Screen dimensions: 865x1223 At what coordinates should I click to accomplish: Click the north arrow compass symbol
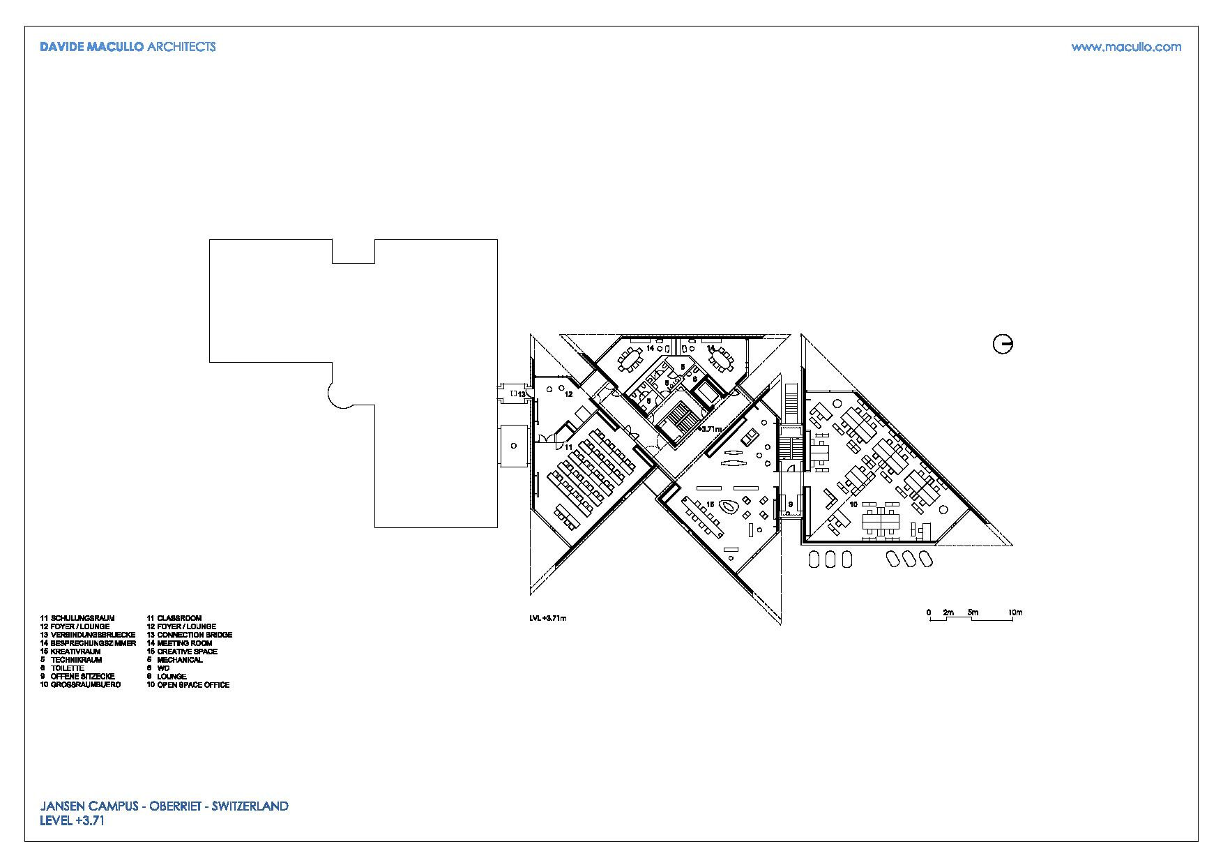[x=1003, y=344]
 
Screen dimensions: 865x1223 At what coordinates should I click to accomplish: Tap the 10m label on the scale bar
[x=1015, y=613]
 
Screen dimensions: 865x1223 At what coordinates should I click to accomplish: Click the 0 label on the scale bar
[x=929, y=613]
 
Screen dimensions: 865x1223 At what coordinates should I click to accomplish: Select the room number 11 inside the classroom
[x=568, y=446]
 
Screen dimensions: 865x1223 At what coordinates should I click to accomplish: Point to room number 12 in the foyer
[x=568, y=394]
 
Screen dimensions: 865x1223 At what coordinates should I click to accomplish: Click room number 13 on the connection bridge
[x=521, y=394]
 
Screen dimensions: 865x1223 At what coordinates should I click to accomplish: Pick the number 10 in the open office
[x=853, y=504]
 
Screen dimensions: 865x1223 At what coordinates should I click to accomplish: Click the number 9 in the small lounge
[x=791, y=504]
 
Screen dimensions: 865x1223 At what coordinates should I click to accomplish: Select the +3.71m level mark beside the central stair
[x=708, y=429]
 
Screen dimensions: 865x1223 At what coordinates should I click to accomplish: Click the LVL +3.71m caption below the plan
[x=548, y=618]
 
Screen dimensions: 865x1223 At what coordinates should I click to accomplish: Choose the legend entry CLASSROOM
[x=179, y=618]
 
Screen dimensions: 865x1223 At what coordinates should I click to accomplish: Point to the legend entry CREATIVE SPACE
[x=187, y=652]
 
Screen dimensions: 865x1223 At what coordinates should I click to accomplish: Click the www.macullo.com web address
[x=1126, y=47]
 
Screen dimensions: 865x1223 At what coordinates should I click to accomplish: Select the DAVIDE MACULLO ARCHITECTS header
[x=128, y=47]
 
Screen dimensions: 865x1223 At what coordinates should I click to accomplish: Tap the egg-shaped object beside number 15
[x=729, y=507]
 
